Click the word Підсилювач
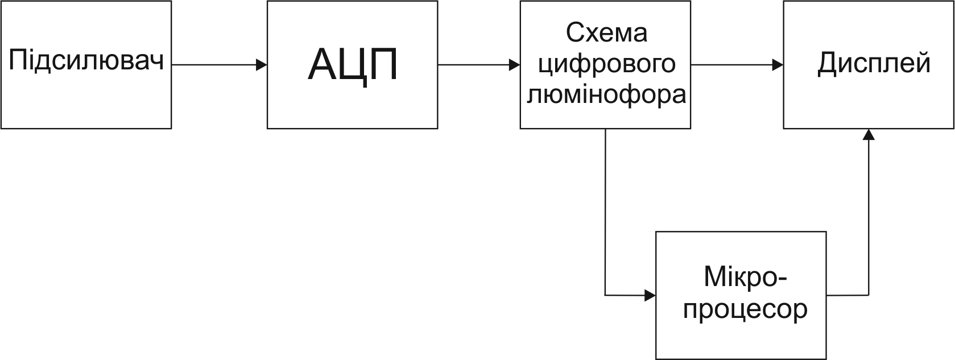pos(86,61)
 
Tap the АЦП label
pos(353,64)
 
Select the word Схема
pos(606,33)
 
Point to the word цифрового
pos(606,64)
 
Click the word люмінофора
pos(606,94)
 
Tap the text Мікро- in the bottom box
pos(745,277)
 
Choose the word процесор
pos(745,309)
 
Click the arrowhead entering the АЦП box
pos(262,65)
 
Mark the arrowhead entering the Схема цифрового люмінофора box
pos(515,65)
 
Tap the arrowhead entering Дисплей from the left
pos(778,65)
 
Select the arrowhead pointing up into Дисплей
pos(868,134)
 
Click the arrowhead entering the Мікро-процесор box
pos(650,295)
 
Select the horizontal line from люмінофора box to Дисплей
pos(731,65)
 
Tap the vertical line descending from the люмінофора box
pos(605,210)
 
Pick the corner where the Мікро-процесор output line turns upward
pos(868,295)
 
